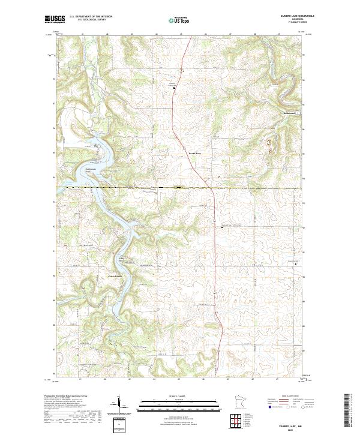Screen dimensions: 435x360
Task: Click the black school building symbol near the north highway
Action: (175, 88)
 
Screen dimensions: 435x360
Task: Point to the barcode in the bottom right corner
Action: (346, 412)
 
